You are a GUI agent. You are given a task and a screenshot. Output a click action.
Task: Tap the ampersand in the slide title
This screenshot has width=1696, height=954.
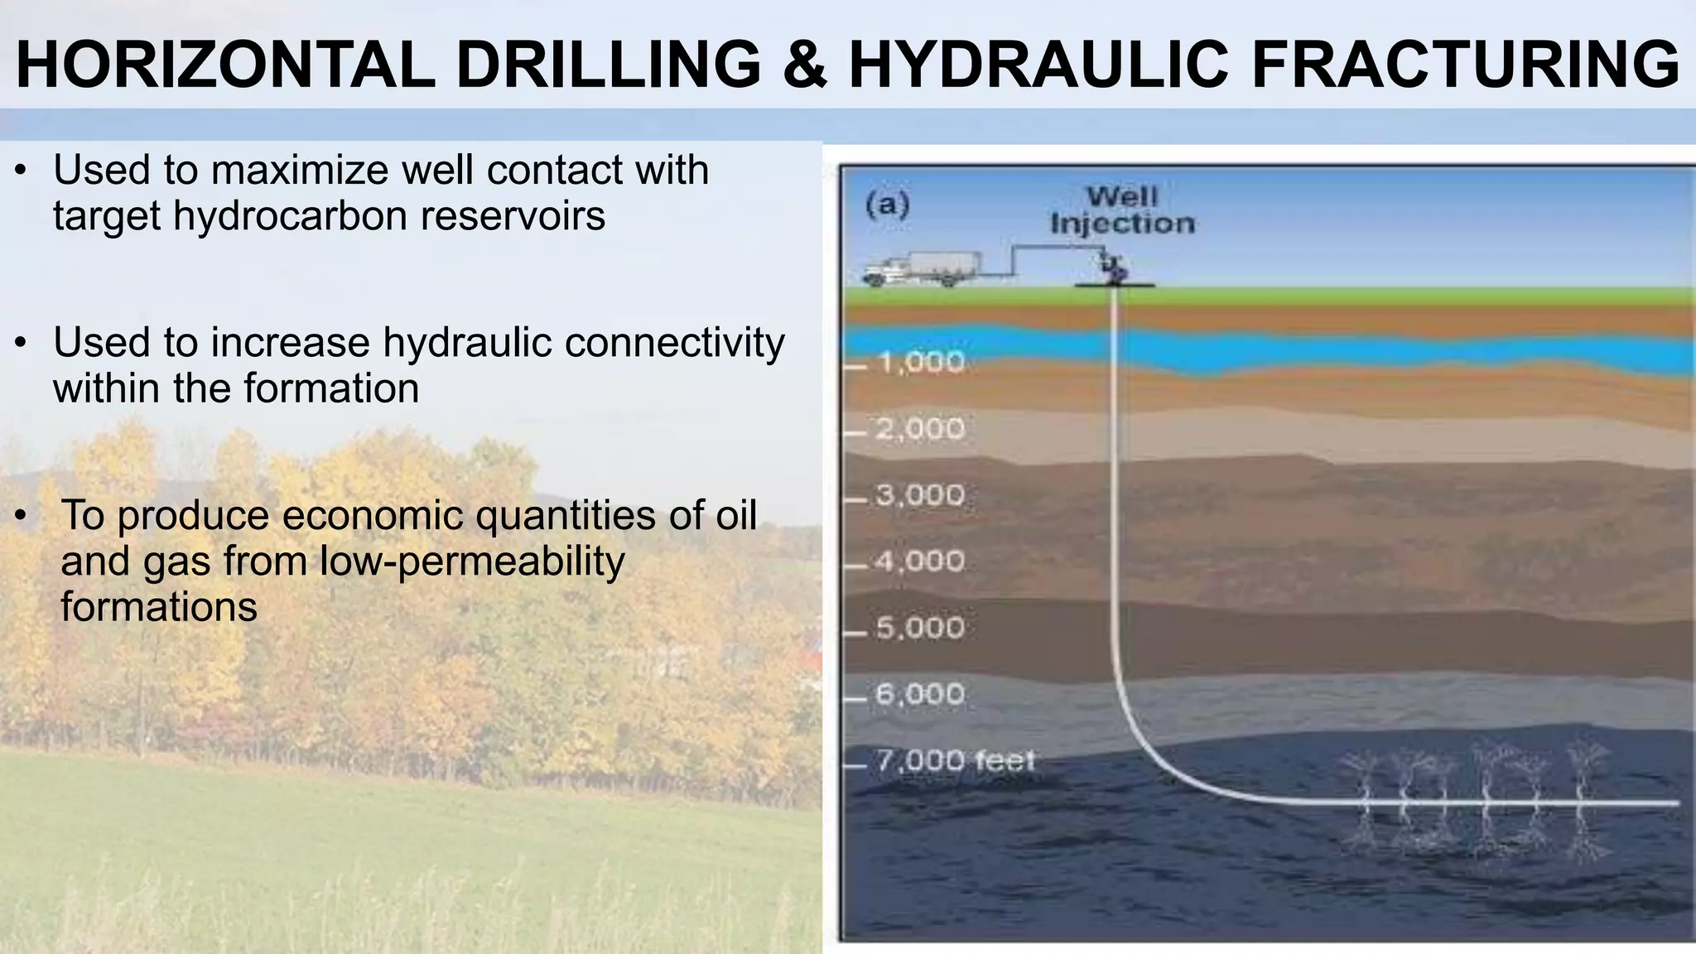[x=804, y=65]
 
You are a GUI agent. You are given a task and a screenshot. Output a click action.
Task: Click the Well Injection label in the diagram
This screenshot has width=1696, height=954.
[x=1122, y=210]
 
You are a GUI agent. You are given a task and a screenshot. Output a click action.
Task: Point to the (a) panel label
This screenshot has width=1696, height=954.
[x=887, y=204]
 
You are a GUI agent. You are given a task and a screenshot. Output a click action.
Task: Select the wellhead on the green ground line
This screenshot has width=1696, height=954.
[x=1114, y=272]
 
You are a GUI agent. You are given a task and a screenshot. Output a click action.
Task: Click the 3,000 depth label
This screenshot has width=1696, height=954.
[x=920, y=495]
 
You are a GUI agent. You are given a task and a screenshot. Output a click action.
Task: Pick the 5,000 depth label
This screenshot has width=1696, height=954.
[x=920, y=628]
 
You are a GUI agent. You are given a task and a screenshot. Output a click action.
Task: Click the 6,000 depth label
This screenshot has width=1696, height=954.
[x=920, y=694]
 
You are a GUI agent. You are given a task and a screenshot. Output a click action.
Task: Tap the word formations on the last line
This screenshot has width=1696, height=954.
[x=158, y=607]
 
